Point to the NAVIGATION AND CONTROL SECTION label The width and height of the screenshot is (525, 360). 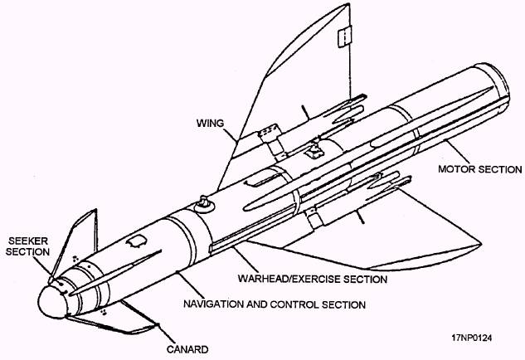pos(275,304)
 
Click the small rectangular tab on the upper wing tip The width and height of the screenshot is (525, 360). pos(343,36)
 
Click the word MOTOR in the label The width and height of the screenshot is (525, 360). pos(456,171)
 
